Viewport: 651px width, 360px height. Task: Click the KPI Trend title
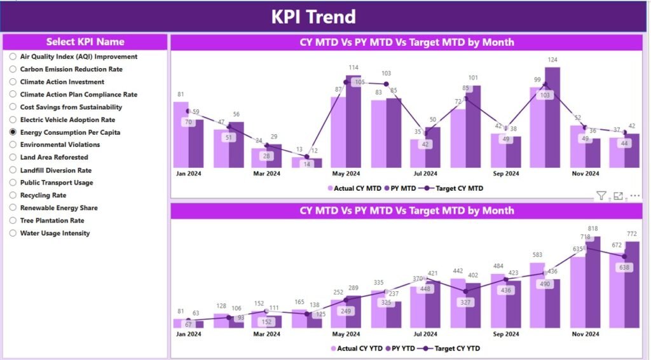[x=313, y=17]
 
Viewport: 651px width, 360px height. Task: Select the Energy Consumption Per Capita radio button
[x=13, y=132]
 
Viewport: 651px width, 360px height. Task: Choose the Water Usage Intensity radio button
[x=13, y=233]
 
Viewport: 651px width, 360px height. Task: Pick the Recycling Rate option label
[x=43, y=195]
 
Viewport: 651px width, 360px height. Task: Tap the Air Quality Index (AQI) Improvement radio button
[x=13, y=57]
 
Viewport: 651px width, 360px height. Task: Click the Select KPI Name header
[x=85, y=42]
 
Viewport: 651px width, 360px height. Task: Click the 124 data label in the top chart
[x=552, y=60]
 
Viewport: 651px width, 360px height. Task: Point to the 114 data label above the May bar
[x=353, y=67]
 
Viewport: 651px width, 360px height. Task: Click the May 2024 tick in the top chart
[x=345, y=173]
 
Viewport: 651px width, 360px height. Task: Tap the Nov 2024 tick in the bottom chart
[x=585, y=333]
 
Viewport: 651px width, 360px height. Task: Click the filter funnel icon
[x=601, y=196]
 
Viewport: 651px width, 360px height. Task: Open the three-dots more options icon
[x=634, y=196]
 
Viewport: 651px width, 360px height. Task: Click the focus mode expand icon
[x=618, y=196]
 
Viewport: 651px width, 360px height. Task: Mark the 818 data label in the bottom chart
[x=593, y=228]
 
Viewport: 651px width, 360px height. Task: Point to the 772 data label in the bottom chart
[x=631, y=235]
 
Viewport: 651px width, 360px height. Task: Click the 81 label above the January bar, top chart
[x=181, y=95]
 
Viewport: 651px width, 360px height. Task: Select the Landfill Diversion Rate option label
[x=55, y=170]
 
